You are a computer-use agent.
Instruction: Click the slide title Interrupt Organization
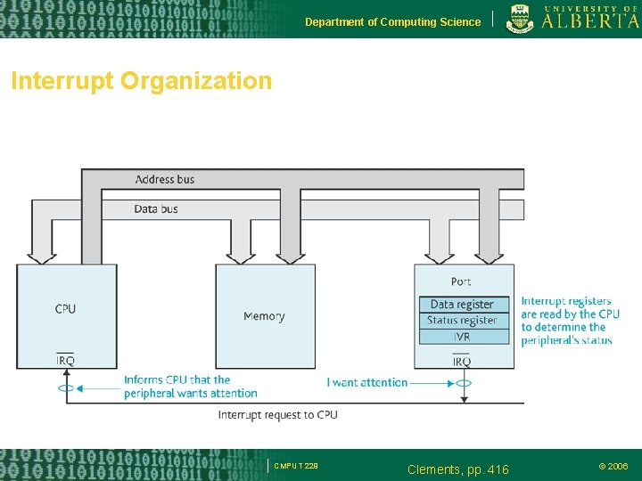pyautogui.click(x=141, y=81)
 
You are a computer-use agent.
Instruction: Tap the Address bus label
pyautogui.click(x=165, y=179)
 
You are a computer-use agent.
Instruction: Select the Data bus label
pyautogui.click(x=156, y=208)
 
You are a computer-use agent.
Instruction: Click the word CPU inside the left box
pyautogui.click(x=65, y=309)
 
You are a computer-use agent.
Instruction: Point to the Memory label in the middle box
pyautogui.click(x=264, y=316)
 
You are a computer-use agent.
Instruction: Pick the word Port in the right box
pyautogui.click(x=461, y=281)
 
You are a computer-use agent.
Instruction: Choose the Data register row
pyautogui.click(x=462, y=305)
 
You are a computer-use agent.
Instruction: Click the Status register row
pyautogui.click(x=462, y=321)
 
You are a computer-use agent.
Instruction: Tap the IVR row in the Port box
pyautogui.click(x=462, y=337)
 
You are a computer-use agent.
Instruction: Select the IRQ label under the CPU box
pyautogui.click(x=65, y=361)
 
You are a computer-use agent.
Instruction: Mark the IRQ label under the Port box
pyautogui.click(x=462, y=361)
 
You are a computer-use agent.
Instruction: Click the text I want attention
pyautogui.click(x=367, y=382)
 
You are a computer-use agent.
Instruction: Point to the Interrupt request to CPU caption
pyautogui.click(x=278, y=415)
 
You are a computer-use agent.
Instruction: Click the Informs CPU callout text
pyautogui.click(x=190, y=387)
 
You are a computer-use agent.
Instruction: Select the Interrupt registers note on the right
pyautogui.click(x=571, y=321)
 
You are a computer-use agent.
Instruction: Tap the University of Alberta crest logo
pyautogui.click(x=522, y=19)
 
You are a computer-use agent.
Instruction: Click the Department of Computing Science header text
pyautogui.click(x=392, y=21)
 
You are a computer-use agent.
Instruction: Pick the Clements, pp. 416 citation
pyautogui.click(x=457, y=469)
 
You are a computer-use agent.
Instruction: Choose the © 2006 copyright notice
pyautogui.click(x=613, y=466)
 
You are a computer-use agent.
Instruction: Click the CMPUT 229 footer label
pyautogui.click(x=296, y=466)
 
